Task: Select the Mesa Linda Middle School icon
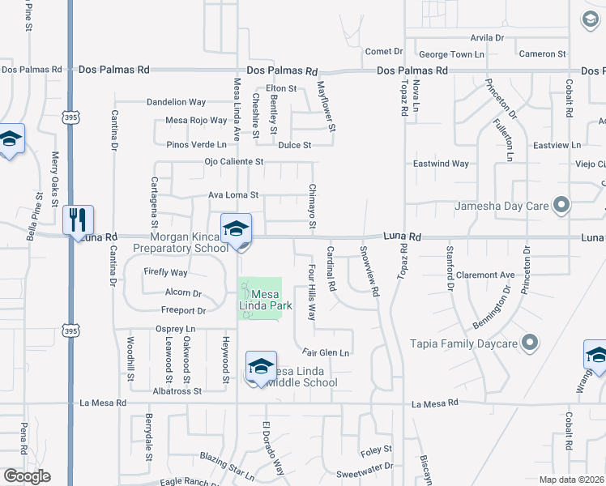pyautogui.click(x=262, y=367)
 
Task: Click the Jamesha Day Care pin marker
pyautogui.click(x=560, y=206)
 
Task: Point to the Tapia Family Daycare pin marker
pyautogui.click(x=530, y=343)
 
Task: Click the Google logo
pyautogui.click(x=27, y=476)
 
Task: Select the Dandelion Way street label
pyautogui.click(x=176, y=103)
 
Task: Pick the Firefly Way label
pyautogui.click(x=165, y=273)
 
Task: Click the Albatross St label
pyautogui.click(x=177, y=390)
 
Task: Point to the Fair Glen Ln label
pyautogui.click(x=326, y=352)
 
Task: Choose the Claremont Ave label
pyautogui.click(x=485, y=275)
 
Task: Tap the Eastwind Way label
pyautogui.click(x=441, y=164)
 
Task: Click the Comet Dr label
pyautogui.click(x=384, y=52)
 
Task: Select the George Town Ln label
pyautogui.click(x=451, y=54)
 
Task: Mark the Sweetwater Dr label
pyautogui.click(x=364, y=466)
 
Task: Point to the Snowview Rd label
pyautogui.click(x=369, y=272)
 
